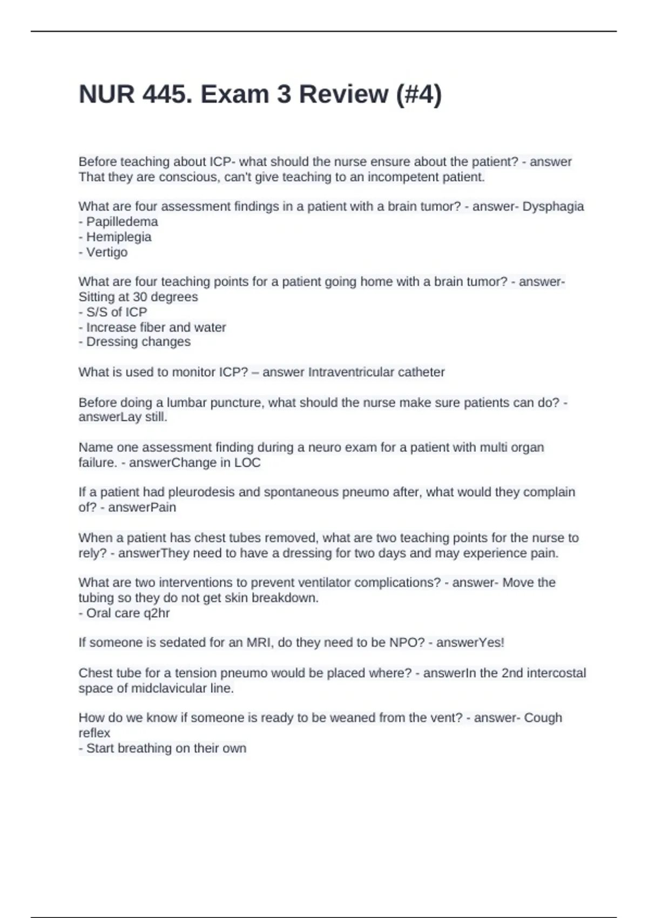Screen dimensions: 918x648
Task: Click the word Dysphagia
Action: [x=553, y=207]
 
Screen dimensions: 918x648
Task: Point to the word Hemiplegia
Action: [x=119, y=237]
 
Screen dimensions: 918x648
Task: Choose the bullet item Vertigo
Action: [x=107, y=252]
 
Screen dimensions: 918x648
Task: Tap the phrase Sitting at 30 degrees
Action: [x=138, y=297]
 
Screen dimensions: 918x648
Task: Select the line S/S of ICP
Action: [x=116, y=312]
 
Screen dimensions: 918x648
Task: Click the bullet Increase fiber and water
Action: [x=156, y=327]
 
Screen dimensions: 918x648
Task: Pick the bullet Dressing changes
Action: [x=138, y=342]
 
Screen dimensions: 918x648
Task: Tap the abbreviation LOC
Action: [x=247, y=463]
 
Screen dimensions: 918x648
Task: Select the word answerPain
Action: [x=142, y=508]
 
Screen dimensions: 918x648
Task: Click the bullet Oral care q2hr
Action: [x=128, y=613]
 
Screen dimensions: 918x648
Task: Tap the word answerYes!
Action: [x=470, y=643]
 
